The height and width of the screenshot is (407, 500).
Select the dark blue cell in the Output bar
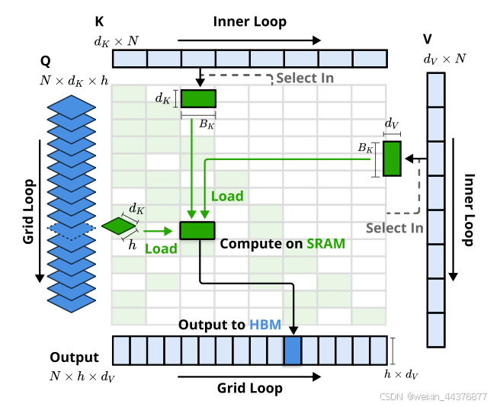pos(293,351)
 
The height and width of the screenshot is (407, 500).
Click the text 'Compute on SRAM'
pos(282,244)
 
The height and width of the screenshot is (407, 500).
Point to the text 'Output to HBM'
pos(229,325)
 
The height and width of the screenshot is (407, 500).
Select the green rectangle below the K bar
pos(198,99)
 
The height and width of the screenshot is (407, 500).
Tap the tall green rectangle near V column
pos(392,159)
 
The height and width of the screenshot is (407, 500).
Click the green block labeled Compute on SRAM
pos(197,229)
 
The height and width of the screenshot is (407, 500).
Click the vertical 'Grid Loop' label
pos(29,211)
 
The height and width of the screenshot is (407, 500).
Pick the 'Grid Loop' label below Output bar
pos(249,388)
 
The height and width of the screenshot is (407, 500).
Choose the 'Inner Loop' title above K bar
pos(250,21)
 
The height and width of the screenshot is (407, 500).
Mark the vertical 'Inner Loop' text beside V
pos(470,210)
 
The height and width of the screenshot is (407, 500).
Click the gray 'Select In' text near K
pos(304,78)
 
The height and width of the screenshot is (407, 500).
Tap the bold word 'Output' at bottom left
pos(74,357)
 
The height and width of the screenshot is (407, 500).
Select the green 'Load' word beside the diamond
pos(160,248)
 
